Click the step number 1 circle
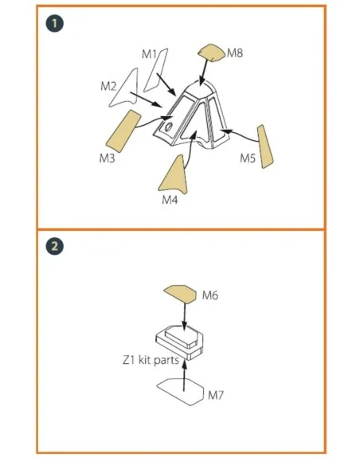tap(55, 23)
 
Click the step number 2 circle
tap(55, 247)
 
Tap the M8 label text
tap(235, 53)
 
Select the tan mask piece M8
tap(212, 53)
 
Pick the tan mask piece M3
tap(123, 131)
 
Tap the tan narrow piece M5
tap(264, 147)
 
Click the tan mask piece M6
tap(180, 294)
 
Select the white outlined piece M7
tap(180, 392)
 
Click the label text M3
tap(107, 158)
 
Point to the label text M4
tap(170, 200)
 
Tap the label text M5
tap(248, 158)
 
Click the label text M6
tap(210, 295)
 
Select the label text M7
tap(216, 395)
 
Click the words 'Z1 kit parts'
tap(151, 361)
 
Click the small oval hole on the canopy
tap(169, 127)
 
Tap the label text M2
tap(108, 86)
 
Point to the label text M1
tap(149, 54)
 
